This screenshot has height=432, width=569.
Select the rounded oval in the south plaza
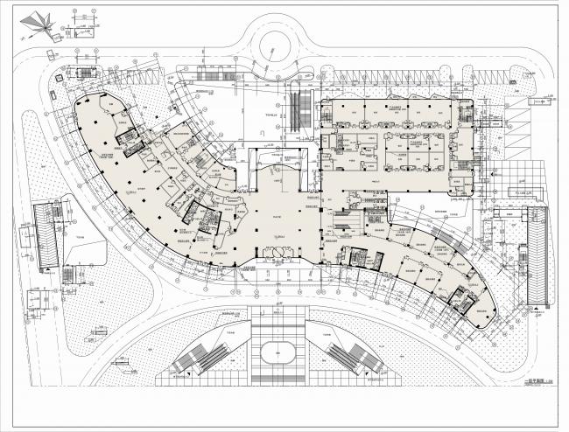(277, 353)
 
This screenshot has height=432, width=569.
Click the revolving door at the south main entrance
(274, 254)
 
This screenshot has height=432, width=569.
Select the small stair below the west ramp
(39, 302)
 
